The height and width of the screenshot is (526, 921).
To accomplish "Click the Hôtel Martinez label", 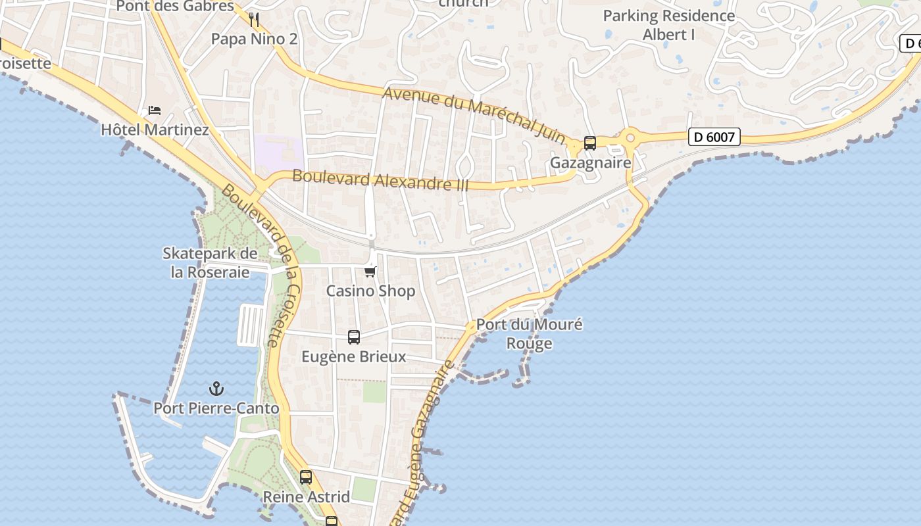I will [155, 130].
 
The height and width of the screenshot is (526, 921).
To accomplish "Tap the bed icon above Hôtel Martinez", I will [155, 110].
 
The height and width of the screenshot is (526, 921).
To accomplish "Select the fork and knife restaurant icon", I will [255, 19].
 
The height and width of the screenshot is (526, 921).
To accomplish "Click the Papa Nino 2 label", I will [254, 39].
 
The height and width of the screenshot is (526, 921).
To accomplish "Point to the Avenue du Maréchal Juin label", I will [474, 114].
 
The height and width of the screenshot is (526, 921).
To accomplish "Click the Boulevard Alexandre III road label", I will [380, 179].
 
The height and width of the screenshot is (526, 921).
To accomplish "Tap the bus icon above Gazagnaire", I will [590, 143].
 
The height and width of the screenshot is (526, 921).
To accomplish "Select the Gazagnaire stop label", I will [590, 162].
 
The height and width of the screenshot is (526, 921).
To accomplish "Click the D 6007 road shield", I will [714, 137].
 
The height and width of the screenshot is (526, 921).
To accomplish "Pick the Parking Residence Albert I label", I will [669, 25].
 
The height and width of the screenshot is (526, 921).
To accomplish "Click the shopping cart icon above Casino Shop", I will [370, 271].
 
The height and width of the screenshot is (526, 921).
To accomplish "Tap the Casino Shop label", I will [370, 291].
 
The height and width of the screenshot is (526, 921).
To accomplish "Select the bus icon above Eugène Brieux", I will [354, 337].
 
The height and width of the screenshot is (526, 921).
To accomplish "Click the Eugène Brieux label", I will [354, 357].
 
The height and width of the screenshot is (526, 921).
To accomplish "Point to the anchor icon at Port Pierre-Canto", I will [216, 389].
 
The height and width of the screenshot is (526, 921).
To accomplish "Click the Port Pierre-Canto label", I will [216, 408].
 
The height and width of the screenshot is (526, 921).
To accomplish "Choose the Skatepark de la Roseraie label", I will [210, 262].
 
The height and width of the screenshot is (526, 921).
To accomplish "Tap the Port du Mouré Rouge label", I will [529, 334].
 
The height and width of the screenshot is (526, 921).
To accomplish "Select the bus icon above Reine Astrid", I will [306, 477].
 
